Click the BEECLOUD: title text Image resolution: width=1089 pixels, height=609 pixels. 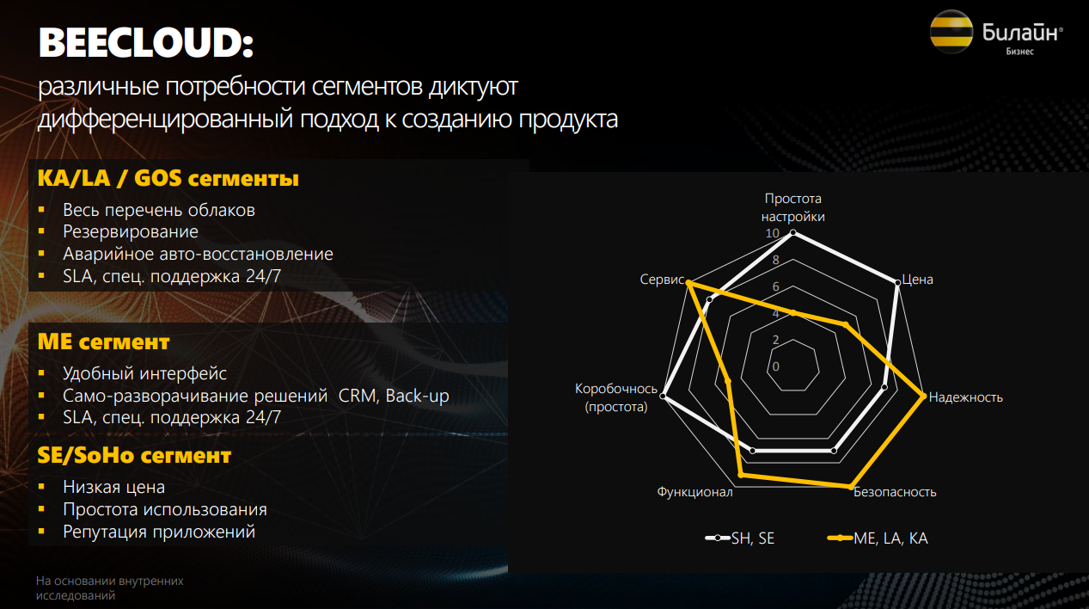click(x=146, y=43)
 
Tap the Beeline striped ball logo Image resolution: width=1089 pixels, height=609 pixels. click(x=951, y=32)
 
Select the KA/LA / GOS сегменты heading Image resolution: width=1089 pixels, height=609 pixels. click(x=168, y=179)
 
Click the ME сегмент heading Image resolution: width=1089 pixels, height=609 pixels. click(x=103, y=341)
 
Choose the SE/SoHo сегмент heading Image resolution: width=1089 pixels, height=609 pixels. click(x=134, y=455)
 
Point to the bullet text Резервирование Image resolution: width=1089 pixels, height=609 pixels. click(x=131, y=231)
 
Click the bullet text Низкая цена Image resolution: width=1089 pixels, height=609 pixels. click(x=113, y=487)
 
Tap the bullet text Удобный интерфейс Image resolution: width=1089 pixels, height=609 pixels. click(x=144, y=373)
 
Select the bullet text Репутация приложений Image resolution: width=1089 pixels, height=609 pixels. click(x=159, y=532)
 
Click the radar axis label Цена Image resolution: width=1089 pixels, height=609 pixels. click(x=917, y=280)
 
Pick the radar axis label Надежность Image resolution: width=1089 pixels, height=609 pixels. click(x=965, y=397)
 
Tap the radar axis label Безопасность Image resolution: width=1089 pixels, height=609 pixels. click(x=895, y=492)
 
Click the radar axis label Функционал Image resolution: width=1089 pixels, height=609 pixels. click(x=694, y=492)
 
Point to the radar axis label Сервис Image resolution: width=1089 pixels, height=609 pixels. click(x=662, y=280)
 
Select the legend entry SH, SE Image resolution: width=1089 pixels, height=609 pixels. click(x=740, y=538)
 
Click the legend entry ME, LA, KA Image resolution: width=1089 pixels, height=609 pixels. click(x=878, y=538)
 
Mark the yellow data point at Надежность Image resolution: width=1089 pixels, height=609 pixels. click(x=923, y=397)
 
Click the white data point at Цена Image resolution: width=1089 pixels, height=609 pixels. click(x=897, y=283)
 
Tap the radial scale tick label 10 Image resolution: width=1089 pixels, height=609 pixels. click(x=772, y=233)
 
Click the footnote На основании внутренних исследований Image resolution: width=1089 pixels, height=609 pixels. click(x=110, y=587)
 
